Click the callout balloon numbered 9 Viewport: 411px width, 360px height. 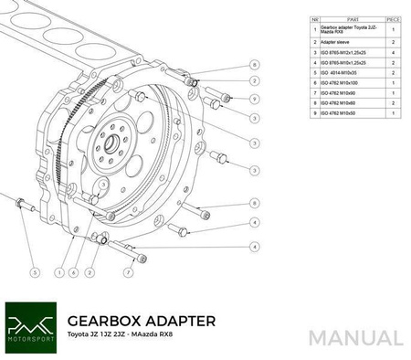point(254,99)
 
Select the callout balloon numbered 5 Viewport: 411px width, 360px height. point(35,271)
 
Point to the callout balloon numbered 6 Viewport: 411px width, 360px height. point(72,271)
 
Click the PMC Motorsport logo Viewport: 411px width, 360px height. point(30,327)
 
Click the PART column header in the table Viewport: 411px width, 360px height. point(346,18)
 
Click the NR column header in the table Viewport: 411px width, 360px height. point(315,18)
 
